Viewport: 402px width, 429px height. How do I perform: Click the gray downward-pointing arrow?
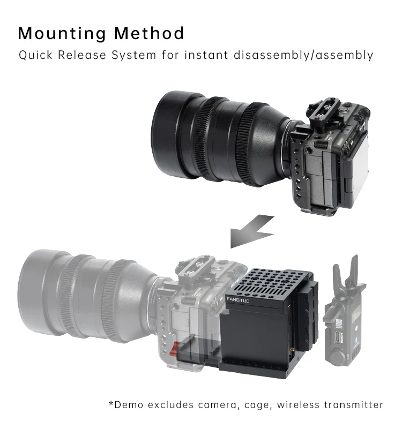point(249,230)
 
